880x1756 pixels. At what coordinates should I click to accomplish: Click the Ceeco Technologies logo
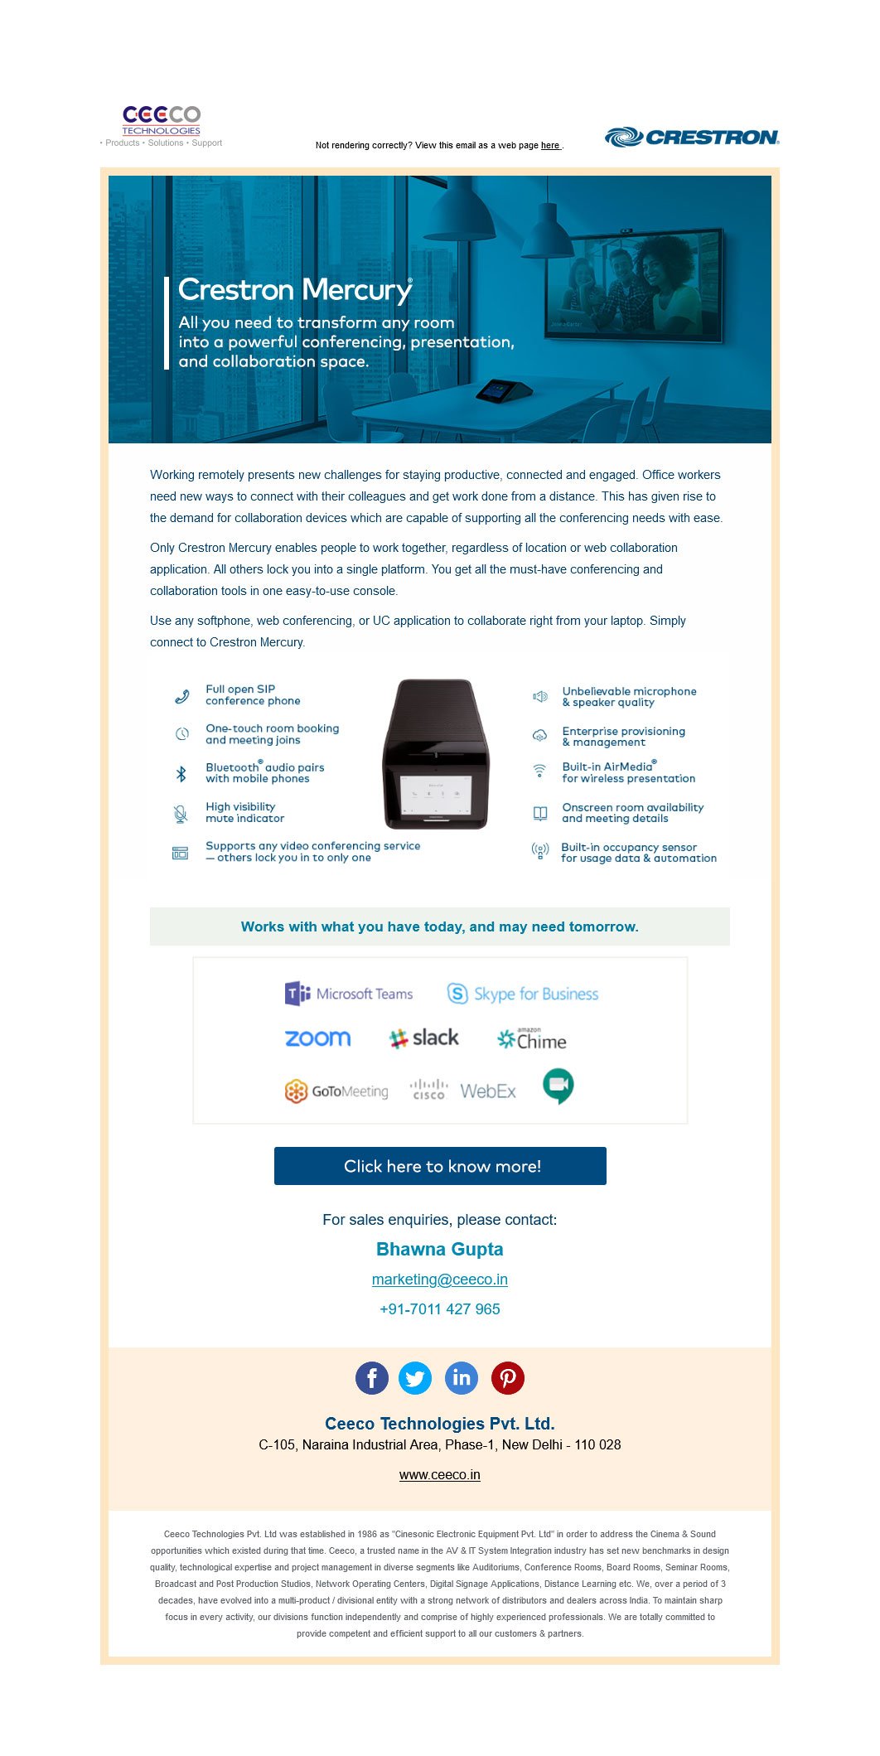pyautogui.click(x=162, y=120)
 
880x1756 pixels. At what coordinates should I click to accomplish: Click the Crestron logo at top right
pyautogui.click(x=692, y=137)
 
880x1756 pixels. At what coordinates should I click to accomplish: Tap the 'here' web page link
pyautogui.click(x=550, y=146)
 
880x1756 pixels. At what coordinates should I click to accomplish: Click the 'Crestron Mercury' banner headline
pyautogui.click(x=295, y=290)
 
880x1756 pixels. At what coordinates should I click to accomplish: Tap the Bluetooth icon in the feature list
pyautogui.click(x=181, y=774)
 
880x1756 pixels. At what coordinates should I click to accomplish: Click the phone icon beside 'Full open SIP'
pyautogui.click(x=181, y=696)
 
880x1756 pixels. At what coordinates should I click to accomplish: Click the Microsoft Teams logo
pyautogui.click(x=349, y=994)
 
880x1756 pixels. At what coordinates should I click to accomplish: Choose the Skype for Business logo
pyautogui.click(x=522, y=994)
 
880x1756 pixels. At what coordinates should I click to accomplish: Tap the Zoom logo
pyautogui.click(x=317, y=1038)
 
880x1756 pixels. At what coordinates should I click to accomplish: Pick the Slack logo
pyautogui.click(x=423, y=1038)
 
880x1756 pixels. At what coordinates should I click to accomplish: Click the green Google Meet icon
pyautogui.click(x=558, y=1086)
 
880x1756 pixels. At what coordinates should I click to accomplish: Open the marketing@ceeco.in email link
pyautogui.click(x=439, y=1280)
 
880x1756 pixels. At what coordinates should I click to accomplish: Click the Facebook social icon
pyautogui.click(x=372, y=1378)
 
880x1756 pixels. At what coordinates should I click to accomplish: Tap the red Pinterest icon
pyautogui.click(x=508, y=1378)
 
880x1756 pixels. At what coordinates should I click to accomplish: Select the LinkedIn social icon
pyautogui.click(x=462, y=1378)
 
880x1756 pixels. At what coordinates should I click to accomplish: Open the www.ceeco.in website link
pyautogui.click(x=439, y=1475)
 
